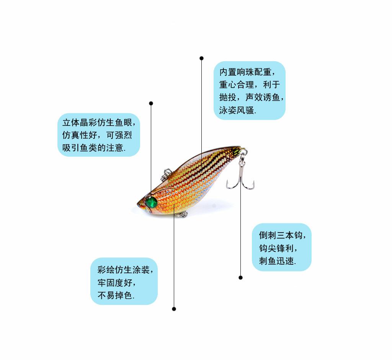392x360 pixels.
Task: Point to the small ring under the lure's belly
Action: click(x=180, y=214)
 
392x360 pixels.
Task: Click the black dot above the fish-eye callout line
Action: click(x=151, y=103)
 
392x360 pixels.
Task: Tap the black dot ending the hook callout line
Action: click(x=240, y=277)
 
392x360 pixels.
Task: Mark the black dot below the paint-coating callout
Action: click(x=174, y=309)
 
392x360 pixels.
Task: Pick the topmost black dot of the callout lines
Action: click(x=201, y=58)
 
